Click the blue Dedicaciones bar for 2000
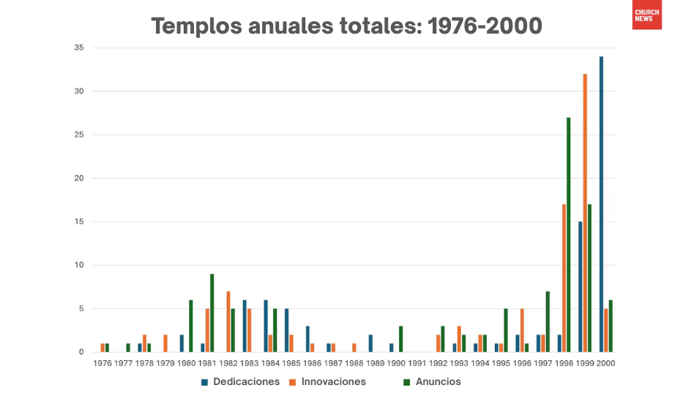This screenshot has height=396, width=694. pos(601,205)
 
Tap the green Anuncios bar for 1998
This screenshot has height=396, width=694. pos(568,235)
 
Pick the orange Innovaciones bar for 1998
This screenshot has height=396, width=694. pos(564,278)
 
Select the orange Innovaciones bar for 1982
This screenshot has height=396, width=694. pos(228,322)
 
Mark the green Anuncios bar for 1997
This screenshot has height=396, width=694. pos(548,322)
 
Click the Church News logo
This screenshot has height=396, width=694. pos(646,15)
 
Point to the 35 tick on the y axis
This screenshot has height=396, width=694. pos(78,47)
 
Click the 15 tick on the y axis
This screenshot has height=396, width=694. pos(78,221)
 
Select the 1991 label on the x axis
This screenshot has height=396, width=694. pos(417,362)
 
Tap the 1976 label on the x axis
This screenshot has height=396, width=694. pos(102,362)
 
